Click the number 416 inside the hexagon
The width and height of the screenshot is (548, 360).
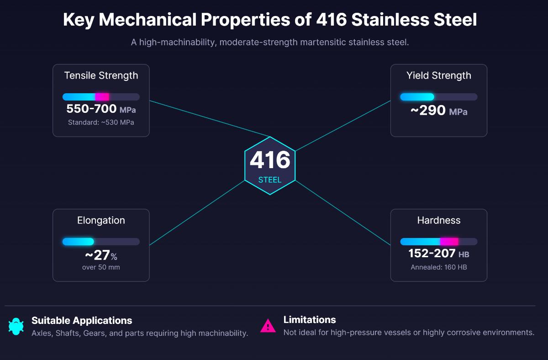coord(270,160)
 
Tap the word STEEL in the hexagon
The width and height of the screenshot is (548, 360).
coord(270,180)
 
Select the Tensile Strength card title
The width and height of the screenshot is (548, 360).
coord(101,75)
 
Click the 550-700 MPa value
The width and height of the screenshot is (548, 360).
coord(101,110)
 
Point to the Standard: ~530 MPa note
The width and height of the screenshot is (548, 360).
coord(101,122)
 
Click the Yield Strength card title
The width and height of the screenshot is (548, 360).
coord(439,75)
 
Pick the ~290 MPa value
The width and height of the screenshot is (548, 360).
coord(439,111)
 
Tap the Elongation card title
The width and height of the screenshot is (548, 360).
coord(101,220)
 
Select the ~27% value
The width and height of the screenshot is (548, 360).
coord(101,255)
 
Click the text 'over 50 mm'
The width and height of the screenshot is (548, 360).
coord(101,267)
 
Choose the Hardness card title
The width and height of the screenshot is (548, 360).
coord(439,220)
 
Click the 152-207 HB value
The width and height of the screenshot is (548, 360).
coord(439,254)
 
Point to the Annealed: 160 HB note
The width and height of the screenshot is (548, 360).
coord(439,267)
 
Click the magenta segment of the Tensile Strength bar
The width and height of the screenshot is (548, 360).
coord(102,97)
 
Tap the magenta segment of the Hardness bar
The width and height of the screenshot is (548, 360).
coord(449,242)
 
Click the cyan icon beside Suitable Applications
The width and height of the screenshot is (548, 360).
coord(16,326)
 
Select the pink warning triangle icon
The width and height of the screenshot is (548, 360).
coord(268,326)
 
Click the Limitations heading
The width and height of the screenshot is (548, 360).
coord(310,320)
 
